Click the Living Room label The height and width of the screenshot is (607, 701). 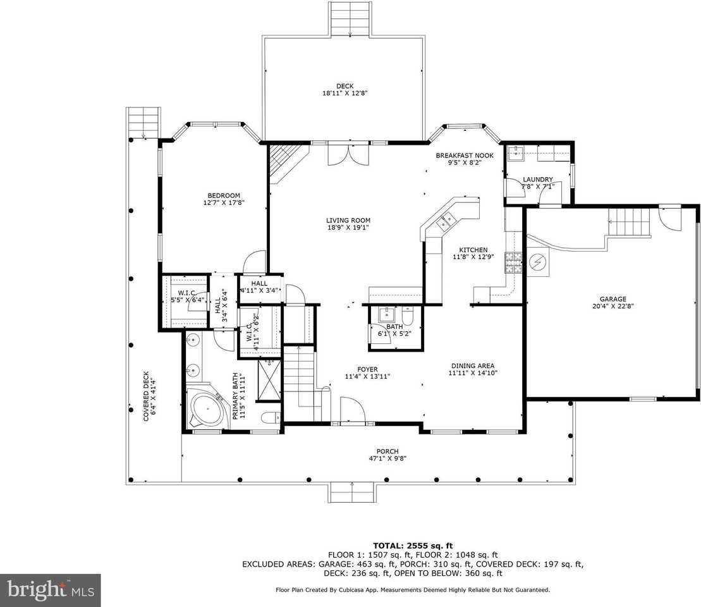[348, 220]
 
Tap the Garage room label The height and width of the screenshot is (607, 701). [613, 299]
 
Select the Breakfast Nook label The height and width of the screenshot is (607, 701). [465, 155]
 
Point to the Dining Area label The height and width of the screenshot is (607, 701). [473, 365]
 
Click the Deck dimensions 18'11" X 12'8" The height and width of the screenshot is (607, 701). [344, 93]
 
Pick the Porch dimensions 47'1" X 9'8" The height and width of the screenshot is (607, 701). [387, 458]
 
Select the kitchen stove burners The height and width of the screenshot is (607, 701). [513, 262]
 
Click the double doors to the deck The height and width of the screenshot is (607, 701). [348, 154]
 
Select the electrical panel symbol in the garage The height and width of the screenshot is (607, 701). [538, 262]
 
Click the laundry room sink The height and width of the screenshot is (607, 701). [516, 152]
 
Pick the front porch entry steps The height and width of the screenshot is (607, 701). [352, 492]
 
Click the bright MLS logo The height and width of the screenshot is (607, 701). [51, 591]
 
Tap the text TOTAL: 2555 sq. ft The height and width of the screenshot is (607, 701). [413, 545]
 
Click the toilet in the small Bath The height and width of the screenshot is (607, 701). [408, 316]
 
